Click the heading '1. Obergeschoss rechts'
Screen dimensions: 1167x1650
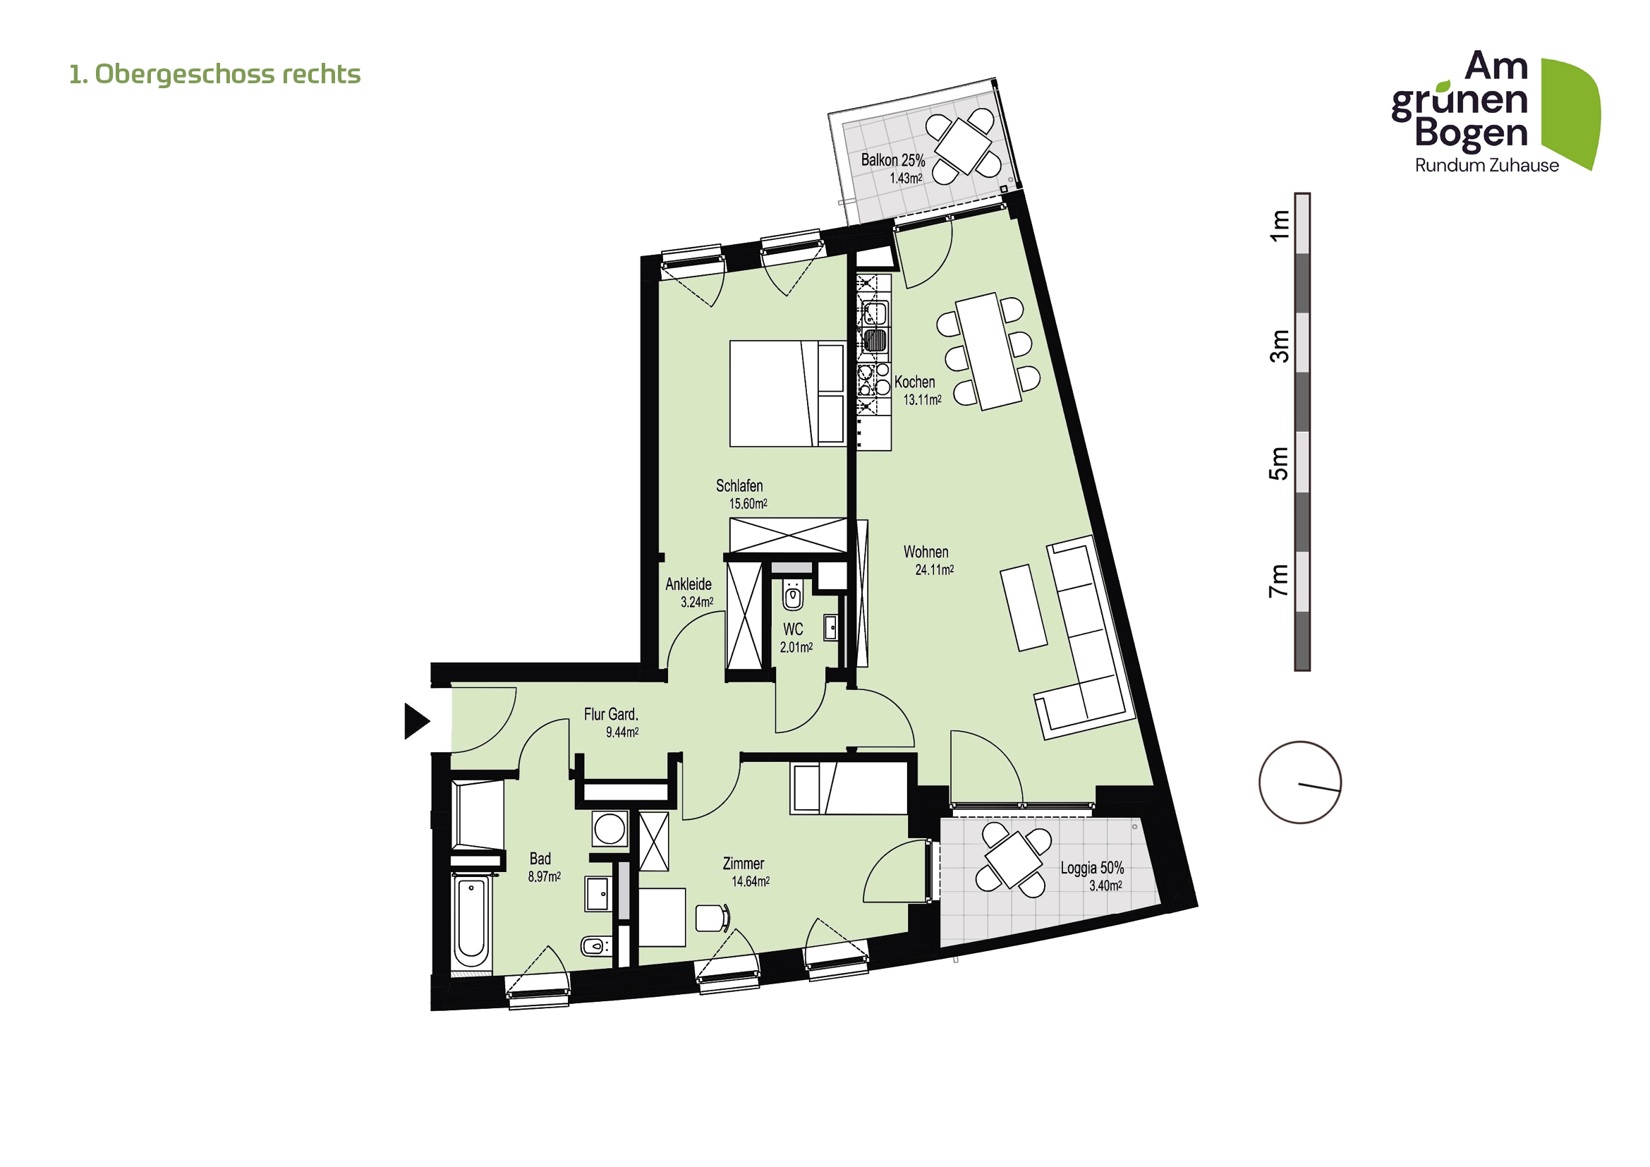point(214,74)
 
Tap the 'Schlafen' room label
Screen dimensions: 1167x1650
point(739,485)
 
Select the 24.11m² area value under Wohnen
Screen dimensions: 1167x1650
point(934,570)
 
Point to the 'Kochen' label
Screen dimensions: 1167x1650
point(914,382)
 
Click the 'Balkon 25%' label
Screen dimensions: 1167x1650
point(892,160)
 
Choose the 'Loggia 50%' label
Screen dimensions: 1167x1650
point(1091,868)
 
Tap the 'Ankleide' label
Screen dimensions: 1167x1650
point(688,584)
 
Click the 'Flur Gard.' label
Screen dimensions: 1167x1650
point(610,714)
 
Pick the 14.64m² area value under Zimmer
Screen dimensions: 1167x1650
point(751,882)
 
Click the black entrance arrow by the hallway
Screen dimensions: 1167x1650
point(415,721)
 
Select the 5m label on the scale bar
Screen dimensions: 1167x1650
point(1278,464)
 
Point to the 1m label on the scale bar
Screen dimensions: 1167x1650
point(1278,225)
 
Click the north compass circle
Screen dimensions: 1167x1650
point(1299,782)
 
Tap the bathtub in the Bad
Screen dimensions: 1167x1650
point(471,922)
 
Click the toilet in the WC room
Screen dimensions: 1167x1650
point(792,595)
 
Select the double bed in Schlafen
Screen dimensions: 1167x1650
point(787,394)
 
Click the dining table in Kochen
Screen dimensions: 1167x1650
point(988,351)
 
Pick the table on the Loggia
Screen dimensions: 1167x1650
point(1013,860)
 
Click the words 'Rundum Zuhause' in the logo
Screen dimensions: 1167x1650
point(1486,166)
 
